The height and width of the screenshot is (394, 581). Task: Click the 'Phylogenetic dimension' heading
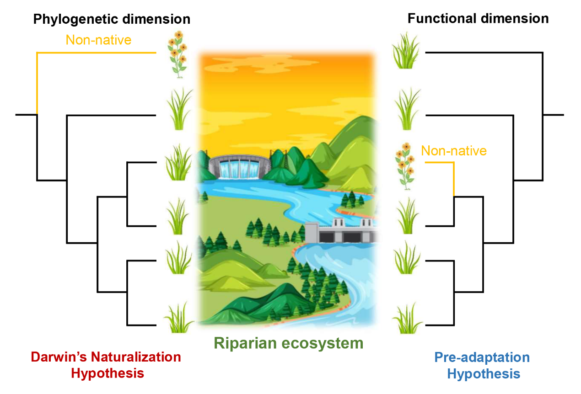tap(112, 20)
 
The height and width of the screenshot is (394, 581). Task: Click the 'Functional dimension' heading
tap(478, 19)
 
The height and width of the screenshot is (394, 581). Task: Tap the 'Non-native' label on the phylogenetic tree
tap(98, 40)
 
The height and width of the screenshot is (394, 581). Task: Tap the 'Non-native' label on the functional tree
tap(453, 151)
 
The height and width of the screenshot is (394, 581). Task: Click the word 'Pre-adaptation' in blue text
tap(482, 357)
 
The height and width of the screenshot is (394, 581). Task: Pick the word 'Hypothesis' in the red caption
tap(108, 373)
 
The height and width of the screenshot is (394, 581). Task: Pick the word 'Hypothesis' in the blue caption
tap(483, 374)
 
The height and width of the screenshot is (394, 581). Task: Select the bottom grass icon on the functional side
tap(407, 319)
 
